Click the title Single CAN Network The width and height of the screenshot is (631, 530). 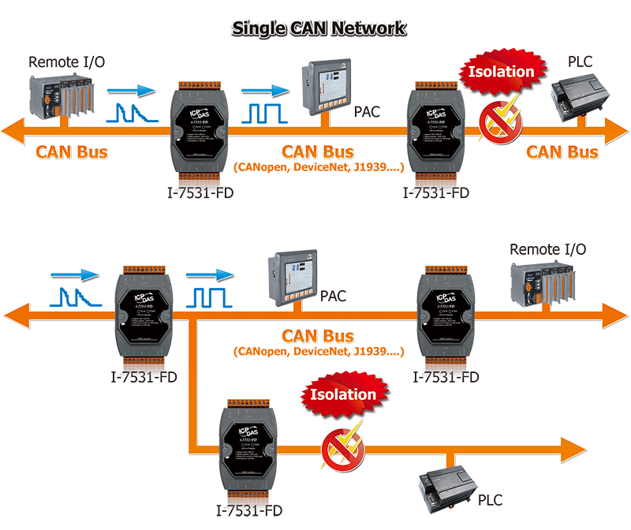(318, 28)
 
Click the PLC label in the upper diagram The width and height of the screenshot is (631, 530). (582, 61)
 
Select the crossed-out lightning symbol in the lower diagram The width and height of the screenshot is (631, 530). (342, 447)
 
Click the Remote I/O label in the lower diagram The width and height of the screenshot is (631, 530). (547, 250)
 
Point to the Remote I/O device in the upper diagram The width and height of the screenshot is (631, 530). (59, 94)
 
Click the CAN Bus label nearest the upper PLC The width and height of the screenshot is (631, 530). (562, 151)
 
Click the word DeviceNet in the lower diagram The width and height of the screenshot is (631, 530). (318, 351)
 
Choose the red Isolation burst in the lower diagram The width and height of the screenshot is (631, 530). (343, 394)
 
